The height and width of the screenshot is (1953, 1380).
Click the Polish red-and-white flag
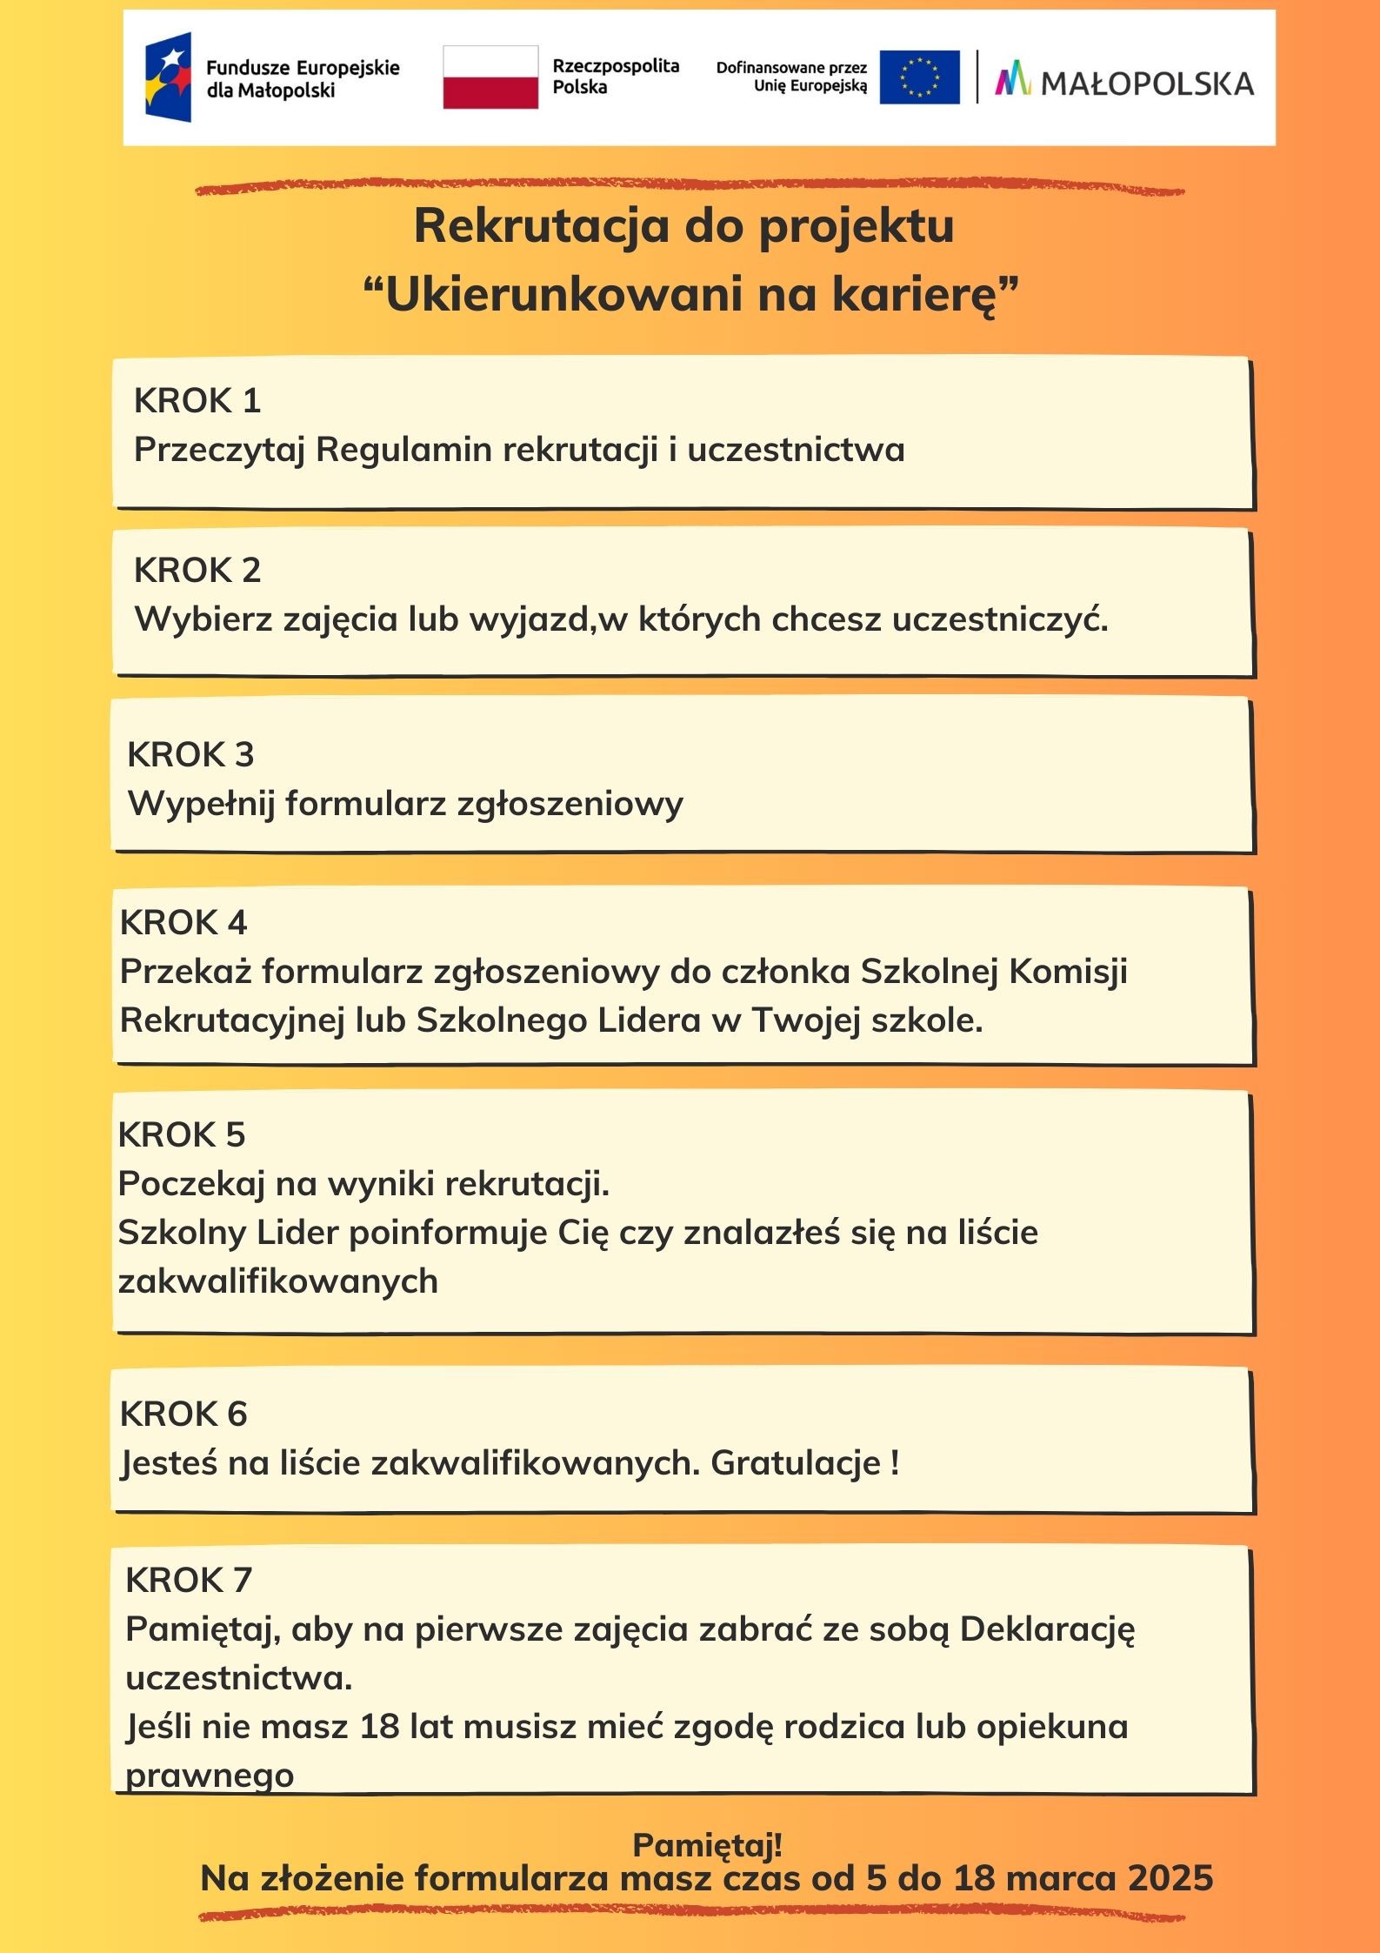(490, 77)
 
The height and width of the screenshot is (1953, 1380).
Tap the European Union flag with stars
(919, 77)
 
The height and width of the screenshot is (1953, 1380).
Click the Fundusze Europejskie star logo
(169, 77)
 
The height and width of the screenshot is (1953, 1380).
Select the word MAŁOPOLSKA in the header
(1147, 84)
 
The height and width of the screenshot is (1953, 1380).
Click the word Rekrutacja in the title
(542, 226)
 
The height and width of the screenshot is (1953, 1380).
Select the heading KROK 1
(197, 401)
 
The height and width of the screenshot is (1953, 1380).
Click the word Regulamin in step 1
(403, 450)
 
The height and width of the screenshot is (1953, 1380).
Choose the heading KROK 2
(197, 571)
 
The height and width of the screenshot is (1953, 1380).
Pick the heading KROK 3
(190, 755)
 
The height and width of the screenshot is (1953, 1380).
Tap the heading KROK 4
(183, 923)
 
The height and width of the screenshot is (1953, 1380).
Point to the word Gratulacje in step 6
(796, 1463)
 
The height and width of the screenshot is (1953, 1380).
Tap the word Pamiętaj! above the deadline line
(707, 1844)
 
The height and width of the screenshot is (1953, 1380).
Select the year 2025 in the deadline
(1170, 1879)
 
